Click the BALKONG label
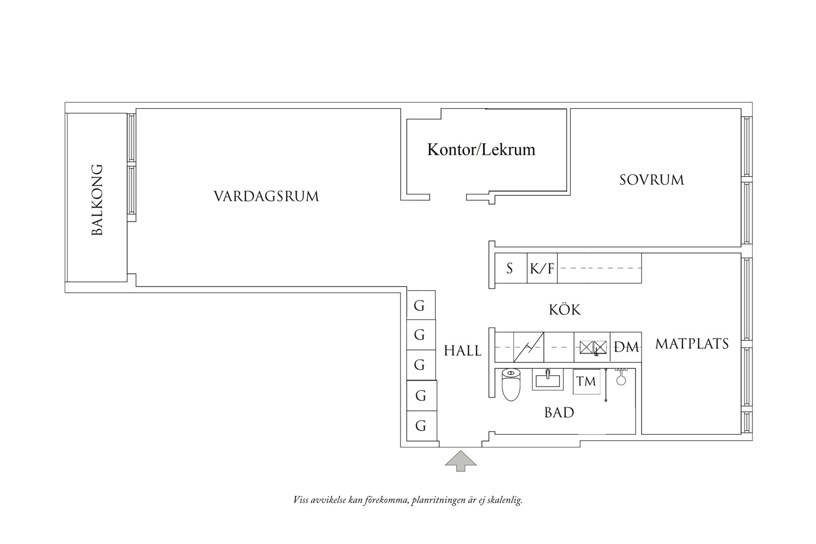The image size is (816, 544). point(97,200)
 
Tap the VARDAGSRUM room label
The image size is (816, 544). point(266,196)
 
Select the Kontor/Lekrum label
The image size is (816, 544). point(481,150)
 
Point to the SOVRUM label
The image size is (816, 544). point(652,180)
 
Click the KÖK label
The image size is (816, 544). point(565,310)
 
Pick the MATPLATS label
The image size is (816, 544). point(692,344)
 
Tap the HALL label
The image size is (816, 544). point(462,351)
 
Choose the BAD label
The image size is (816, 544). point(559,413)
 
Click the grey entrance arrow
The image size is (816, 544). point(460,461)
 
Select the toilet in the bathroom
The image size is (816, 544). point(511,384)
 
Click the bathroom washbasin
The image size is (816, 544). point(548,379)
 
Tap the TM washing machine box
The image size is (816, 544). point(586,381)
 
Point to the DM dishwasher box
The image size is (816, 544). point(626,347)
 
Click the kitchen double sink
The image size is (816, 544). point(593,347)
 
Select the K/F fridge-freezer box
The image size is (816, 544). point(542,268)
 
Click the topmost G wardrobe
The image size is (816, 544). point(421,305)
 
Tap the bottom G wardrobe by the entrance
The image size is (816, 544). point(422,426)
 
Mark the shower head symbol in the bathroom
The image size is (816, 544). point(621,377)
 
